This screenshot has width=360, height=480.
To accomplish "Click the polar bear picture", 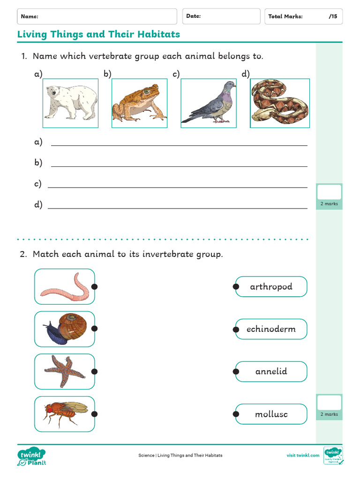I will click(71, 103).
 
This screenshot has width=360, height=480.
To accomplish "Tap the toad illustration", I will click(139, 103).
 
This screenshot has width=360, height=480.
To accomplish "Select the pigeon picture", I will click(209, 103).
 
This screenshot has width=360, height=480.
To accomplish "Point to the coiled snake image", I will click(280, 103).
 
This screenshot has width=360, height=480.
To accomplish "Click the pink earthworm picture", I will click(65, 286).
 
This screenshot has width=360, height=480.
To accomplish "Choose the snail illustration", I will click(65, 329).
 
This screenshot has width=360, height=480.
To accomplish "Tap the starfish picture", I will click(65, 371).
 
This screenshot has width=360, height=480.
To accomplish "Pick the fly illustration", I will click(65, 414).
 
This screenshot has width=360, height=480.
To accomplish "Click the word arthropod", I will click(271, 286).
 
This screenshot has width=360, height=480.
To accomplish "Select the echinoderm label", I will click(271, 329).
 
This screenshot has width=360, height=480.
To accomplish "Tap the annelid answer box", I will click(271, 372).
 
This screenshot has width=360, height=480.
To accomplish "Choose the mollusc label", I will click(271, 414).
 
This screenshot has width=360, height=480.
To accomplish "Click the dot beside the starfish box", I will click(94, 372).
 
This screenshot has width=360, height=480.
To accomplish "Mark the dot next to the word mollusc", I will click(236, 414).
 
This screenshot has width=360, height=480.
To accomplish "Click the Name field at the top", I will click(97, 16).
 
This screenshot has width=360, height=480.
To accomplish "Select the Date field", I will click(221, 16).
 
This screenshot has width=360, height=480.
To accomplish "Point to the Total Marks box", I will click(303, 16).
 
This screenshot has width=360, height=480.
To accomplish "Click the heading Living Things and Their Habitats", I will click(98, 34).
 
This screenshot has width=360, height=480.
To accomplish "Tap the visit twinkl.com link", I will click(303, 455).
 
